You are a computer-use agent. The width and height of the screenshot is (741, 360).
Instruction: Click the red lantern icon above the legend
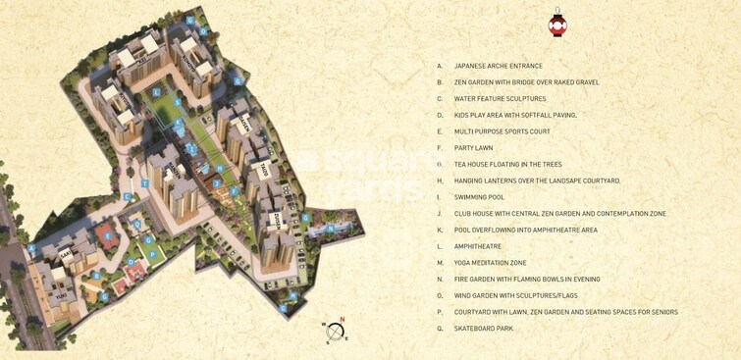[x=557, y=25]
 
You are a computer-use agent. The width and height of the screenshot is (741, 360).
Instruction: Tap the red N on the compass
[x=342, y=320]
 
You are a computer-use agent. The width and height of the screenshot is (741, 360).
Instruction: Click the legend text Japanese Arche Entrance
[x=498, y=67]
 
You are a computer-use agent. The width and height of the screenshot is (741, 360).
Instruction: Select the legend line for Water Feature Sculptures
[x=500, y=99]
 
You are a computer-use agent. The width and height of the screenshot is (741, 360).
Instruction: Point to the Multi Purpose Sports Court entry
[x=502, y=131]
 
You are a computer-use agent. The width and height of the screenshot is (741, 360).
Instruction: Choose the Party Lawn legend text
[x=473, y=148]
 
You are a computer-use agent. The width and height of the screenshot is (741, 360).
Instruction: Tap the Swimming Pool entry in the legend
[x=479, y=197]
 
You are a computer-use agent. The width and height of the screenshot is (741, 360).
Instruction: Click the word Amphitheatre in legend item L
[x=477, y=246]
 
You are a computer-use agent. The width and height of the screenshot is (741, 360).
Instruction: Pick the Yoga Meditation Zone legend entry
[x=490, y=263]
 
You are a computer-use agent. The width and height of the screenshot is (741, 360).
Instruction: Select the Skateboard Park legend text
[x=483, y=329]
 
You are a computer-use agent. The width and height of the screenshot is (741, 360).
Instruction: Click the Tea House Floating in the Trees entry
[x=507, y=165]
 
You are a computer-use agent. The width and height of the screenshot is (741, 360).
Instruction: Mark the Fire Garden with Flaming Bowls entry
[x=527, y=280]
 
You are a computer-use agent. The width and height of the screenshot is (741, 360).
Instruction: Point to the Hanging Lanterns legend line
[x=537, y=180]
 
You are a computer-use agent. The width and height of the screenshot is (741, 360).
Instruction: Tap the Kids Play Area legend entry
[x=515, y=116]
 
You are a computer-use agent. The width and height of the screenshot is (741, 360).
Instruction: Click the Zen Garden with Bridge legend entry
[x=526, y=82]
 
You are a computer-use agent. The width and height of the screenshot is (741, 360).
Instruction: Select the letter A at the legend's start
[x=440, y=67]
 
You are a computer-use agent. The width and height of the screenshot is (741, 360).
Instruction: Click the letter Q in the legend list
[x=440, y=329]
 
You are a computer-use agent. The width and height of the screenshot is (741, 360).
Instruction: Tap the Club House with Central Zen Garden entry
[x=559, y=214]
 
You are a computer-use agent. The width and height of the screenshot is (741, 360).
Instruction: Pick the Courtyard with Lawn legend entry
[x=565, y=312]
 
